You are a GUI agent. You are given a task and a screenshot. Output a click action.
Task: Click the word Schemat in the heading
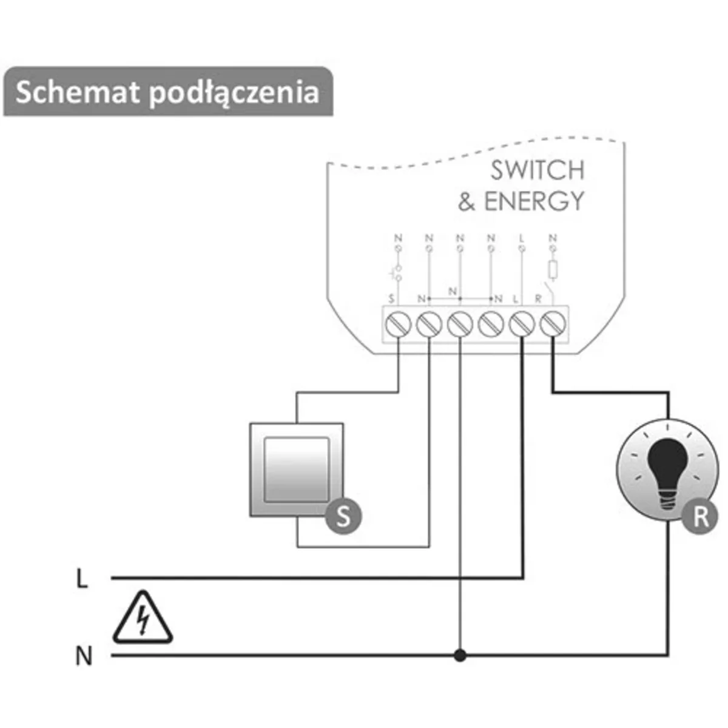tap(77, 93)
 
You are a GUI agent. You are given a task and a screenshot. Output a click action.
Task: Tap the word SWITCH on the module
tap(537, 170)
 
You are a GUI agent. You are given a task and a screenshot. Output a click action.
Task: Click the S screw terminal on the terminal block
tap(397, 325)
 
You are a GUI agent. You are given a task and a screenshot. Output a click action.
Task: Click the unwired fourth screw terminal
tap(491, 325)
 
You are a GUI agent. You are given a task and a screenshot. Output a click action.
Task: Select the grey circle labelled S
tap(344, 517)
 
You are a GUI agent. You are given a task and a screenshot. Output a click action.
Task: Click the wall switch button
tap(297, 470)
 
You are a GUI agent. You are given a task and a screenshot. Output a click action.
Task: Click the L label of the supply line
tap(83, 579)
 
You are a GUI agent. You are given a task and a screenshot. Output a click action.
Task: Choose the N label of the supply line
tap(84, 656)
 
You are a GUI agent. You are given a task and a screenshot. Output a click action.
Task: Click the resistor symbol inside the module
tap(552, 269)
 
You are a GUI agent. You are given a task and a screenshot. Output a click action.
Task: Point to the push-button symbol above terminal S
tap(397, 273)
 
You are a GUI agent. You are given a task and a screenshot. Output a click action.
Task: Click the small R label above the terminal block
tap(538, 298)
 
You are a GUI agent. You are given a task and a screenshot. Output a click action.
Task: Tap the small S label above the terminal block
tap(392, 298)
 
